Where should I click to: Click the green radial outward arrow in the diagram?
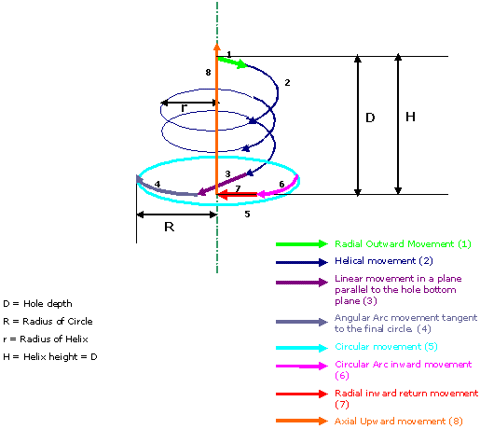pos(232,62)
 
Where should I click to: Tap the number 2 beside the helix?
pos(287,83)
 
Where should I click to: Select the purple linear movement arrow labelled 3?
pos(223,185)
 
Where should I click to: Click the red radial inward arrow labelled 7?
pos(237,195)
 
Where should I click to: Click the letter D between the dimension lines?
pos(370,118)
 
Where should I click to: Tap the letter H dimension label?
pos(410,117)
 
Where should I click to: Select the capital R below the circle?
pos(170,227)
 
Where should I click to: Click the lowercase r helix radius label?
pos(185,108)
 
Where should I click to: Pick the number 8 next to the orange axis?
pos(208,73)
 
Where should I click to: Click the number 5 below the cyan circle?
pos(247,214)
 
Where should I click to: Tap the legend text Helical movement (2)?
pos(384,260)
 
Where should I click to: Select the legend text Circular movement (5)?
pos(386,347)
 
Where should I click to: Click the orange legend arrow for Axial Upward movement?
pos(302,421)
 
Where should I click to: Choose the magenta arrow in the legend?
pos(302,366)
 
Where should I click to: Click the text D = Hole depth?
pos(37,304)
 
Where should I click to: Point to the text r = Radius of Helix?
pos(46,339)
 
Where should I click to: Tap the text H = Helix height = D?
pos(50,357)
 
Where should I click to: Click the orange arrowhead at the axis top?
pos(217,48)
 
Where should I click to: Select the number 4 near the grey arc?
pos(158,184)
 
